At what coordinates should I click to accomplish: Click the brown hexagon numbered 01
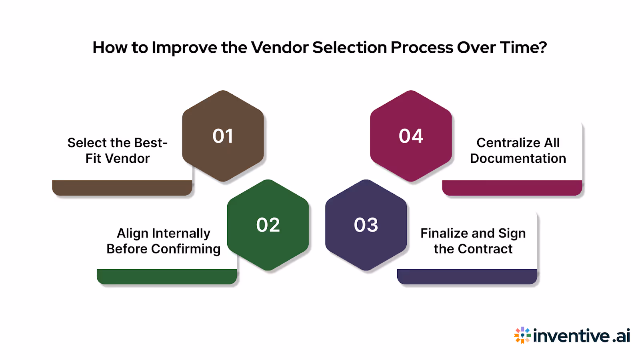click(223, 136)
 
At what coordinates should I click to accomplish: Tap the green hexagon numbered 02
click(268, 225)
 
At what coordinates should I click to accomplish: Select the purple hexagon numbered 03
click(366, 225)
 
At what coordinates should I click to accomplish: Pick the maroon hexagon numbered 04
click(411, 136)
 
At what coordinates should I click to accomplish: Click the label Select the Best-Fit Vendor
click(118, 150)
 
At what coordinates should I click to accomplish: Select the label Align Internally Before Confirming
click(163, 241)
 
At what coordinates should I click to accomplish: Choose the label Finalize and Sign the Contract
click(473, 241)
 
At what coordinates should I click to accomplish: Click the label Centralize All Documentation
click(518, 150)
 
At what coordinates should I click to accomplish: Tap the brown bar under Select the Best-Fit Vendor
click(122, 188)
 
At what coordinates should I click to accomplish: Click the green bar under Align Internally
click(167, 277)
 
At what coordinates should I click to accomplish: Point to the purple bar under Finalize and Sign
click(467, 277)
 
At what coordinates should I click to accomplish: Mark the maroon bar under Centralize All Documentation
click(512, 188)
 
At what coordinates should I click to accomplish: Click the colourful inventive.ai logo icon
click(522, 335)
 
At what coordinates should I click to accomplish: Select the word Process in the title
click(422, 48)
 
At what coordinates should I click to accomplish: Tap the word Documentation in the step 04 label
click(518, 158)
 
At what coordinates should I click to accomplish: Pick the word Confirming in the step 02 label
click(186, 249)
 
